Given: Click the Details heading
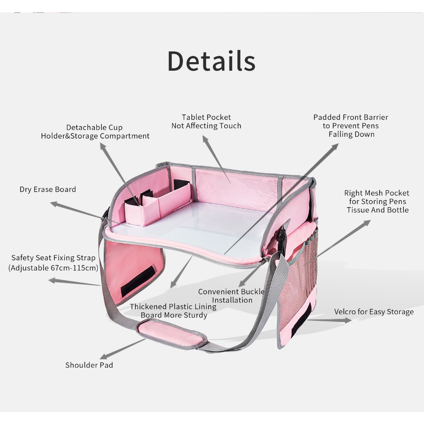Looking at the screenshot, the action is pos(212,61).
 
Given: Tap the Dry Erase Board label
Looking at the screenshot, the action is pos(48,189).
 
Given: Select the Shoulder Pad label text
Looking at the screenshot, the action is pos(89,365).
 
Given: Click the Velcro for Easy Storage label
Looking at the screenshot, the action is pos(374,312).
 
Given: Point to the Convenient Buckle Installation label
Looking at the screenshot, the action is pos(231,296).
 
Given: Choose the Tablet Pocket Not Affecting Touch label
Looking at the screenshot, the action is pos(206,121).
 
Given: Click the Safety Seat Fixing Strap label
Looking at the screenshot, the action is pos(53,263).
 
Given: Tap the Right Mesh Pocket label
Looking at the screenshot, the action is pos(376,201).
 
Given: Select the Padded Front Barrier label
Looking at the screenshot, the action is pos(351,125).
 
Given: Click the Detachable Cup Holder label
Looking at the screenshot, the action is pos(95,132).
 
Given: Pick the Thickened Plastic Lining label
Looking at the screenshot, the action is pos(173,311).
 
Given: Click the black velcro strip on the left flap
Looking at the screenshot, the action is pos(138,281).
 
